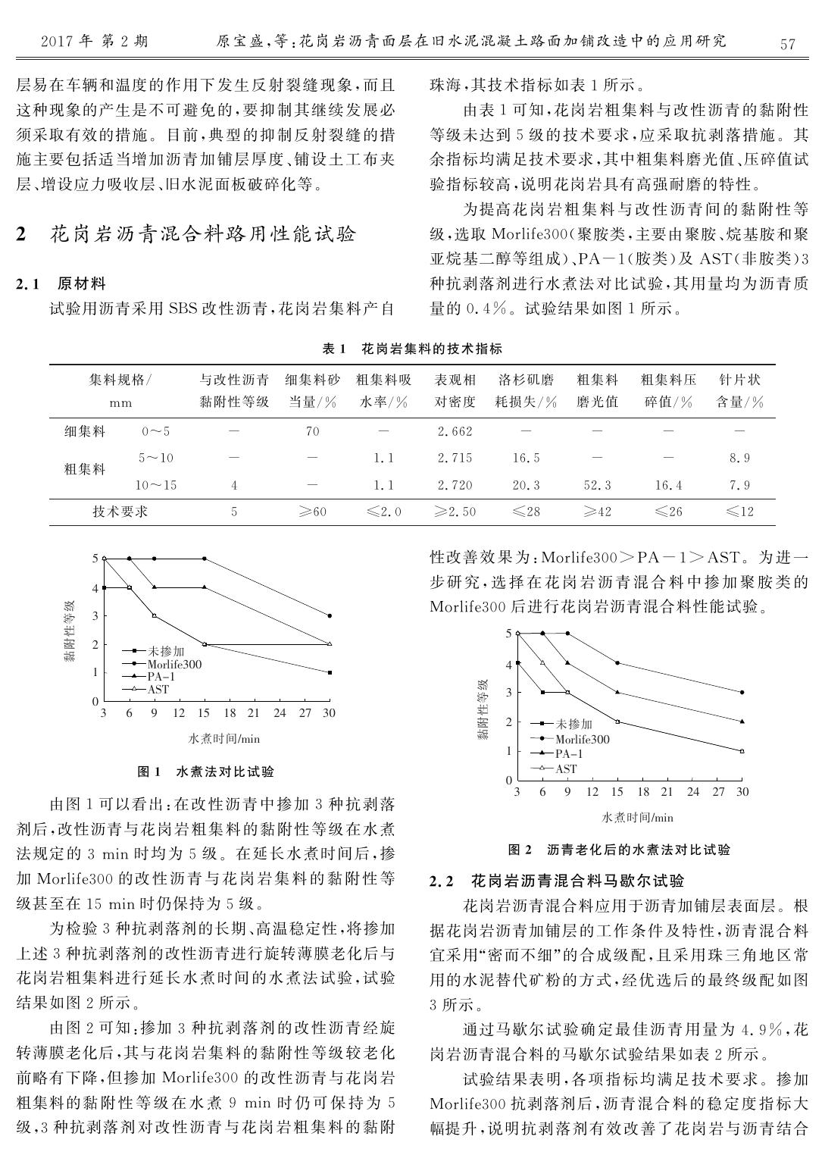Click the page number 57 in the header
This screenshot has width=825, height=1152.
click(x=788, y=44)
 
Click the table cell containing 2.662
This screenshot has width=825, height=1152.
click(x=455, y=431)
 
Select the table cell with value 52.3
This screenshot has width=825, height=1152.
click(x=597, y=485)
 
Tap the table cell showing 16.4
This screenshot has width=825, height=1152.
click(x=668, y=485)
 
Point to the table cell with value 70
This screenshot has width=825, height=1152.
click(x=312, y=431)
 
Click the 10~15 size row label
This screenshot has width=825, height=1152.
click(x=156, y=485)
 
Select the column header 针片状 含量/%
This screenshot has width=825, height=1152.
click(x=739, y=390)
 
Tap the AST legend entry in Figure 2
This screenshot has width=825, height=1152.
click(x=566, y=769)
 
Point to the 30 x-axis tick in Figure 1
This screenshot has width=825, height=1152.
click(x=330, y=713)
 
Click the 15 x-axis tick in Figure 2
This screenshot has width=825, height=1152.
click(x=617, y=792)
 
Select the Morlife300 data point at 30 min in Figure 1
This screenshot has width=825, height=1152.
click(x=330, y=615)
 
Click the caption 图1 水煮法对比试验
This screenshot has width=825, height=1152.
click(x=205, y=772)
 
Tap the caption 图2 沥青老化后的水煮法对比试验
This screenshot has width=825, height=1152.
click(x=618, y=850)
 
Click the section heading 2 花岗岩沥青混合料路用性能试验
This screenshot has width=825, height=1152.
click(x=186, y=233)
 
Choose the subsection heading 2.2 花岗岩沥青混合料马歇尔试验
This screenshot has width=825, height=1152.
click(x=557, y=881)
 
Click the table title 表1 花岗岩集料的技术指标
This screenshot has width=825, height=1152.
click(x=412, y=349)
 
